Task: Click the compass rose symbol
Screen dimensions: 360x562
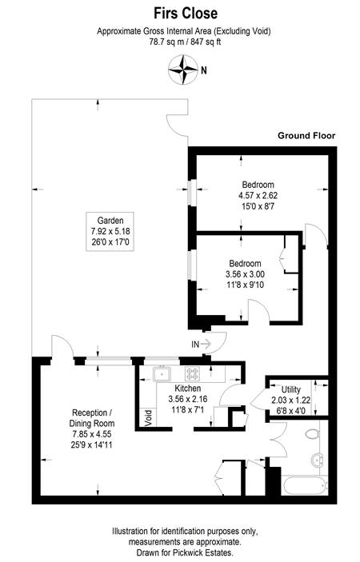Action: click(183, 70)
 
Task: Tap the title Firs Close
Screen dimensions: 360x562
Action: click(186, 14)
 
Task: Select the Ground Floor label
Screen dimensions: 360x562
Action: click(306, 135)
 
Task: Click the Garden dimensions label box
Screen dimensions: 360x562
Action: click(110, 232)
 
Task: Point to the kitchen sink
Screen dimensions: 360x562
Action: click(162, 374)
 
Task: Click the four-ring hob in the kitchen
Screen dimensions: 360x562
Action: click(192, 373)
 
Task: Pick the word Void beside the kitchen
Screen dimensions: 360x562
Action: click(149, 418)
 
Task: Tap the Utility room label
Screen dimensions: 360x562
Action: click(290, 389)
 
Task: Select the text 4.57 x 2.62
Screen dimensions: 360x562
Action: click(258, 196)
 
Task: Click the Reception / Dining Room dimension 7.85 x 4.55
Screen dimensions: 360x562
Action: click(92, 434)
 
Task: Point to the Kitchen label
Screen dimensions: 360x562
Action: click(188, 389)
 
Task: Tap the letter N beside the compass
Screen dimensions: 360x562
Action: click(204, 70)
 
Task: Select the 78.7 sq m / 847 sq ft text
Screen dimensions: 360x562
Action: click(185, 42)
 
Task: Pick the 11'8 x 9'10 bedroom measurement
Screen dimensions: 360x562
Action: click(245, 285)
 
